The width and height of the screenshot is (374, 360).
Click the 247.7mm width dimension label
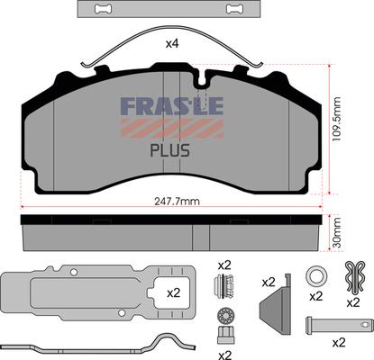(177, 202)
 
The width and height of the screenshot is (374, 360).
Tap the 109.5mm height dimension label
(337, 119)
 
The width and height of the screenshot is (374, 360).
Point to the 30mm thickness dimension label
(337, 233)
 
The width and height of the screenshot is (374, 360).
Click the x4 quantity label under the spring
(172, 44)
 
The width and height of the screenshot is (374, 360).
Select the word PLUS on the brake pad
(169, 150)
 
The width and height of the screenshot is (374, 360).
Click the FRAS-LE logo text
(172, 105)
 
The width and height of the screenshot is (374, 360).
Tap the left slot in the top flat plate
(103, 9)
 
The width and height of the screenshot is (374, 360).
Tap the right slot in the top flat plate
(235, 9)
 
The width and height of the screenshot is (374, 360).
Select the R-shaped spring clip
(355, 276)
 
